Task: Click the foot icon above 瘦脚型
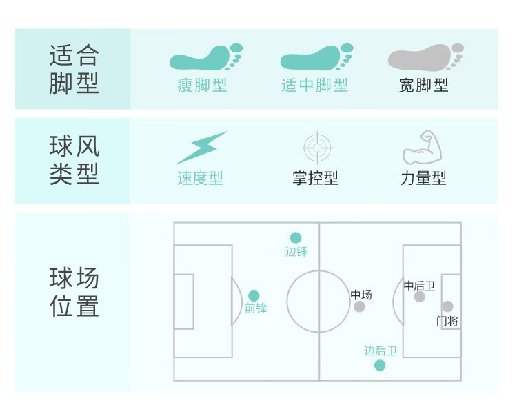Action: coord(205,58)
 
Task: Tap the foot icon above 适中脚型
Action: coord(316,58)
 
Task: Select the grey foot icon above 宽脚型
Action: coord(425,58)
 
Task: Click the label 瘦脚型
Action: coord(202,86)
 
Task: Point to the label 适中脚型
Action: coord(314,86)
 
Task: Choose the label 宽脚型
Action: coord(424,86)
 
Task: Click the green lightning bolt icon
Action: coord(201,147)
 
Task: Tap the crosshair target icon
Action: coord(317,147)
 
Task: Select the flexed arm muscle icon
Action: coord(422,146)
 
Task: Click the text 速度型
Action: coord(200,179)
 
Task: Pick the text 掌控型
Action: coord(315,179)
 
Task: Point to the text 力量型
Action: coord(423,179)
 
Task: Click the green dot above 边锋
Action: coord(296,238)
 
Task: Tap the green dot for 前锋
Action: coord(254,295)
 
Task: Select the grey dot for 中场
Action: coord(359,306)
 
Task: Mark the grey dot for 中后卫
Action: coord(420,297)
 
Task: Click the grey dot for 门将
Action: coord(447,306)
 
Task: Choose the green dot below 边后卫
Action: coord(380,365)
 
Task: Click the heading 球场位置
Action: coord(74,293)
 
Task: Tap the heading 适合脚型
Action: coord(74,69)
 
